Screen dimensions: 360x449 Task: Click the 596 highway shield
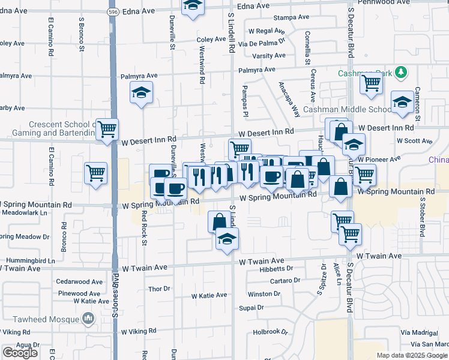click(113, 11)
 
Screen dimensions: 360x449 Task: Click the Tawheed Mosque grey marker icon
click(88, 317)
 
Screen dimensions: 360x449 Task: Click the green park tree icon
click(402, 73)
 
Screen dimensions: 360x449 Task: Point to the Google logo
click(20, 353)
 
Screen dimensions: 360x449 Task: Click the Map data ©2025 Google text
click(411, 355)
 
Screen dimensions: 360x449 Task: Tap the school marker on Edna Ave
click(192, 6)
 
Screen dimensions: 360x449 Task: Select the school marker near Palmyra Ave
click(141, 93)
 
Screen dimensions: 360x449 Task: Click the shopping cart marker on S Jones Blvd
click(107, 128)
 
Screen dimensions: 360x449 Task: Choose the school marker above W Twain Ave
click(226, 240)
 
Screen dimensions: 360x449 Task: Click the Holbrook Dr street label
click(271, 331)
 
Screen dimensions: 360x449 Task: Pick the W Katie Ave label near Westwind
click(209, 295)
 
